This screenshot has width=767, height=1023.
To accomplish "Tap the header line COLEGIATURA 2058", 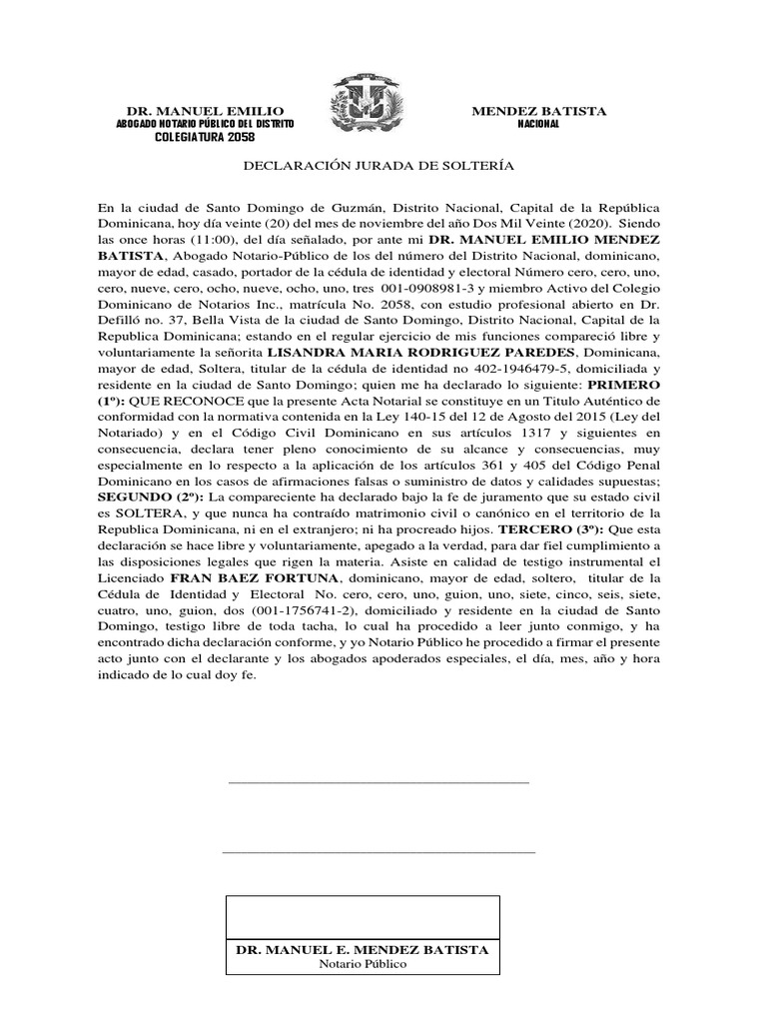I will tap(205, 136).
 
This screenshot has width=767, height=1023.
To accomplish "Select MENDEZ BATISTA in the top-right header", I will tap(538, 110).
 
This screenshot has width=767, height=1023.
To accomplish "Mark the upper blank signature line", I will tap(379, 784).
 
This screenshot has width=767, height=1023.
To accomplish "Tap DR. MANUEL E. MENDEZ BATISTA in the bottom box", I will tap(362, 949).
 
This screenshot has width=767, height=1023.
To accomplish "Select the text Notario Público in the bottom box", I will tap(363, 964).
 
